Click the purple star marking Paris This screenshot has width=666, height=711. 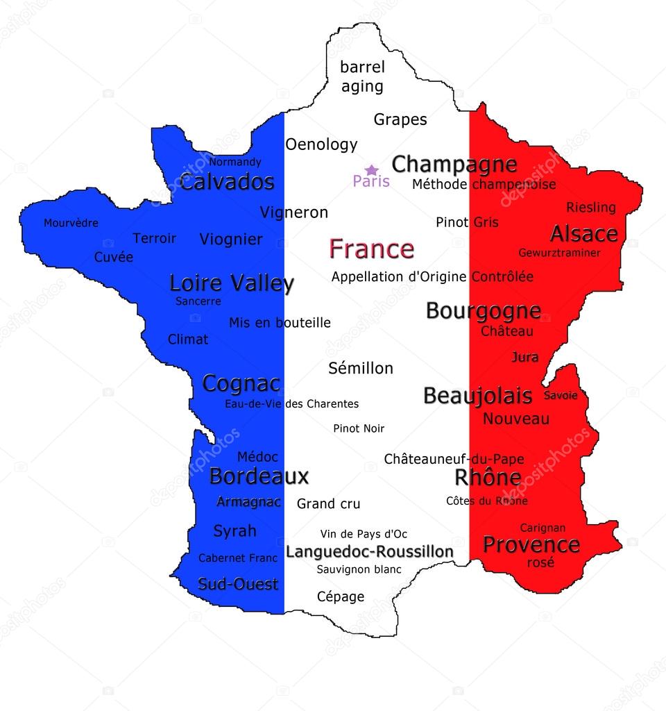pos(372,169)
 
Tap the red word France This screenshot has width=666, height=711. pos(371,249)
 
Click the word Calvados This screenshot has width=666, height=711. pos(227,183)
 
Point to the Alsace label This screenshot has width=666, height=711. pos(583,233)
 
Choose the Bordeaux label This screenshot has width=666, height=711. pos(259,477)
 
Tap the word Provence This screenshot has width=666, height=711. pos(531,544)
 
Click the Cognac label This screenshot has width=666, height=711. pos(241,383)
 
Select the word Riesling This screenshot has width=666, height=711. pos(590,207)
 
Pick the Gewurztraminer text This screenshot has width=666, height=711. pos(559,253)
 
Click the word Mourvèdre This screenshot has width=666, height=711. pos(71,223)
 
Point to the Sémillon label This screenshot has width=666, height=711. pos(361,368)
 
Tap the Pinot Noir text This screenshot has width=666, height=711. pos(359,428)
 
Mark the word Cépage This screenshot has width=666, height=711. pos(341,596)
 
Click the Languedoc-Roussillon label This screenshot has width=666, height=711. pos(370,551)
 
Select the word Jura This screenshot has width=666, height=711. pos(524,358)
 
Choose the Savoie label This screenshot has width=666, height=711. pos(561,395)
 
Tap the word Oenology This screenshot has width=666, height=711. pos(321,144)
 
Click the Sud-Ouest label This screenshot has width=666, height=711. pos(238,584)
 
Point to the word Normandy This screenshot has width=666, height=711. pos(235,162)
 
